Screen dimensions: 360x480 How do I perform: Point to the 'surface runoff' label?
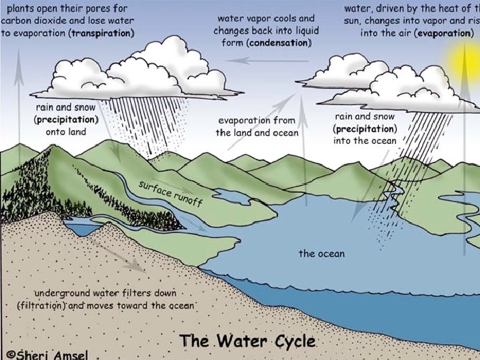tap(169, 189)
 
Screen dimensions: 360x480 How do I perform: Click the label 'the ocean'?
tap(322, 253)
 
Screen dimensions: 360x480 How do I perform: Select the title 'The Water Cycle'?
tap(247, 341)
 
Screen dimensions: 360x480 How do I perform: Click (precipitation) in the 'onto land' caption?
tap(65, 119)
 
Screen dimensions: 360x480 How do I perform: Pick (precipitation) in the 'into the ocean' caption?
tap(365, 128)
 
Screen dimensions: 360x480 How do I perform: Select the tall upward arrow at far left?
tap(19, 93)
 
